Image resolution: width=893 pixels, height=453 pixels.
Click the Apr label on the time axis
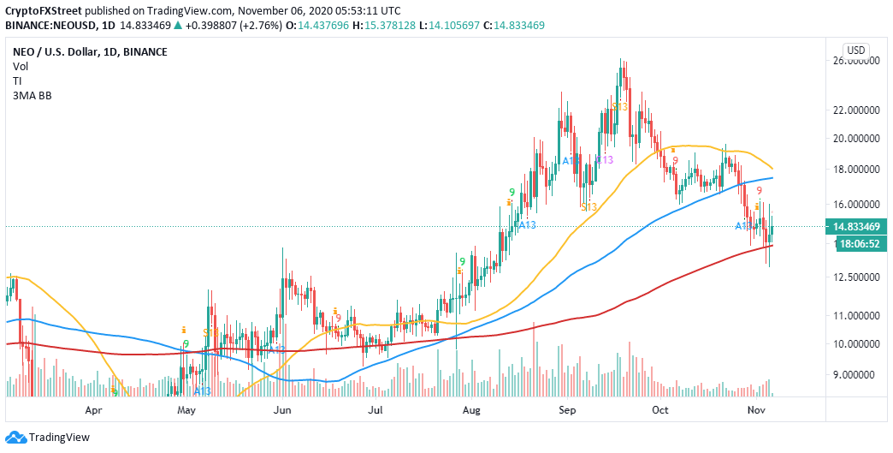point(94,410)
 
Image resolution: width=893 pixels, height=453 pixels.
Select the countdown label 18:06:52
point(856,243)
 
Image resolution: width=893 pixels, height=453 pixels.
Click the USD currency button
point(856,49)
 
